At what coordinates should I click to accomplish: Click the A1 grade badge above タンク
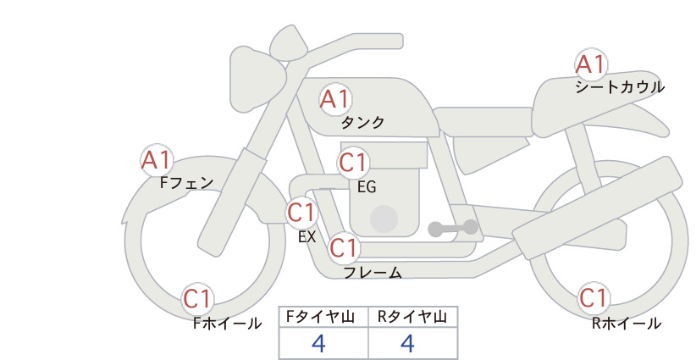(x=335, y=99)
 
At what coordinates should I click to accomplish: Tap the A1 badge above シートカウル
(x=591, y=64)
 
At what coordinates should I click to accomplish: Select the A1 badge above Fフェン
(x=157, y=160)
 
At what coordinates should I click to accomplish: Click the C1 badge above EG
(x=353, y=163)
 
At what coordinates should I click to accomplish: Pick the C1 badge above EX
(x=301, y=213)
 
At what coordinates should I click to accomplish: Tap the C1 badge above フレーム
(x=345, y=247)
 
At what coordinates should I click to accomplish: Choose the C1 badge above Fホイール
(x=197, y=299)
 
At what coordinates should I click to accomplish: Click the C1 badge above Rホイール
(x=594, y=298)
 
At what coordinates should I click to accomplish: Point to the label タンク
(x=362, y=123)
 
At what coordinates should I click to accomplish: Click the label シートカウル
(x=620, y=87)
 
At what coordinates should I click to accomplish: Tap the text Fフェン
(x=186, y=183)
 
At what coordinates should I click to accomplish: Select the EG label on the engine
(x=367, y=187)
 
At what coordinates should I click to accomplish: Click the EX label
(x=307, y=237)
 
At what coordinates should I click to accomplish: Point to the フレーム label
(x=373, y=273)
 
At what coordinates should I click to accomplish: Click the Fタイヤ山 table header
(x=320, y=317)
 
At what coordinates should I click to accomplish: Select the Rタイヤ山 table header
(x=412, y=317)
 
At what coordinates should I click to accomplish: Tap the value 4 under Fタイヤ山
(x=318, y=343)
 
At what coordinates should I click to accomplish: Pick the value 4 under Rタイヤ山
(x=407, y=343)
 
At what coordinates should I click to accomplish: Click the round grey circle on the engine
(x=384, y=219)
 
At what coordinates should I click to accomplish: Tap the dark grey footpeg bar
(x=453, y=228)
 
